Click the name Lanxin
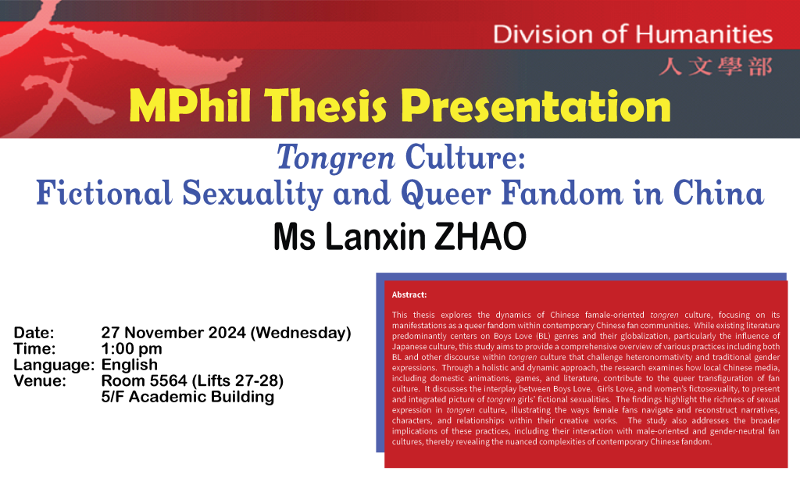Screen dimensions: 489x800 pyautogui.click(x=366, y=235)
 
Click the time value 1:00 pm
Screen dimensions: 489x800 pyautogui.click(x=132, y=349)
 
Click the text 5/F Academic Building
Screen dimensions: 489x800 pyautogui.click(x=187, y=396)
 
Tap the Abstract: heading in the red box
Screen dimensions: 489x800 pyautogui.click(x=409, y=294)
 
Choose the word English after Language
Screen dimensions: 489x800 pyautogui.click(x=130, y=365)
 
